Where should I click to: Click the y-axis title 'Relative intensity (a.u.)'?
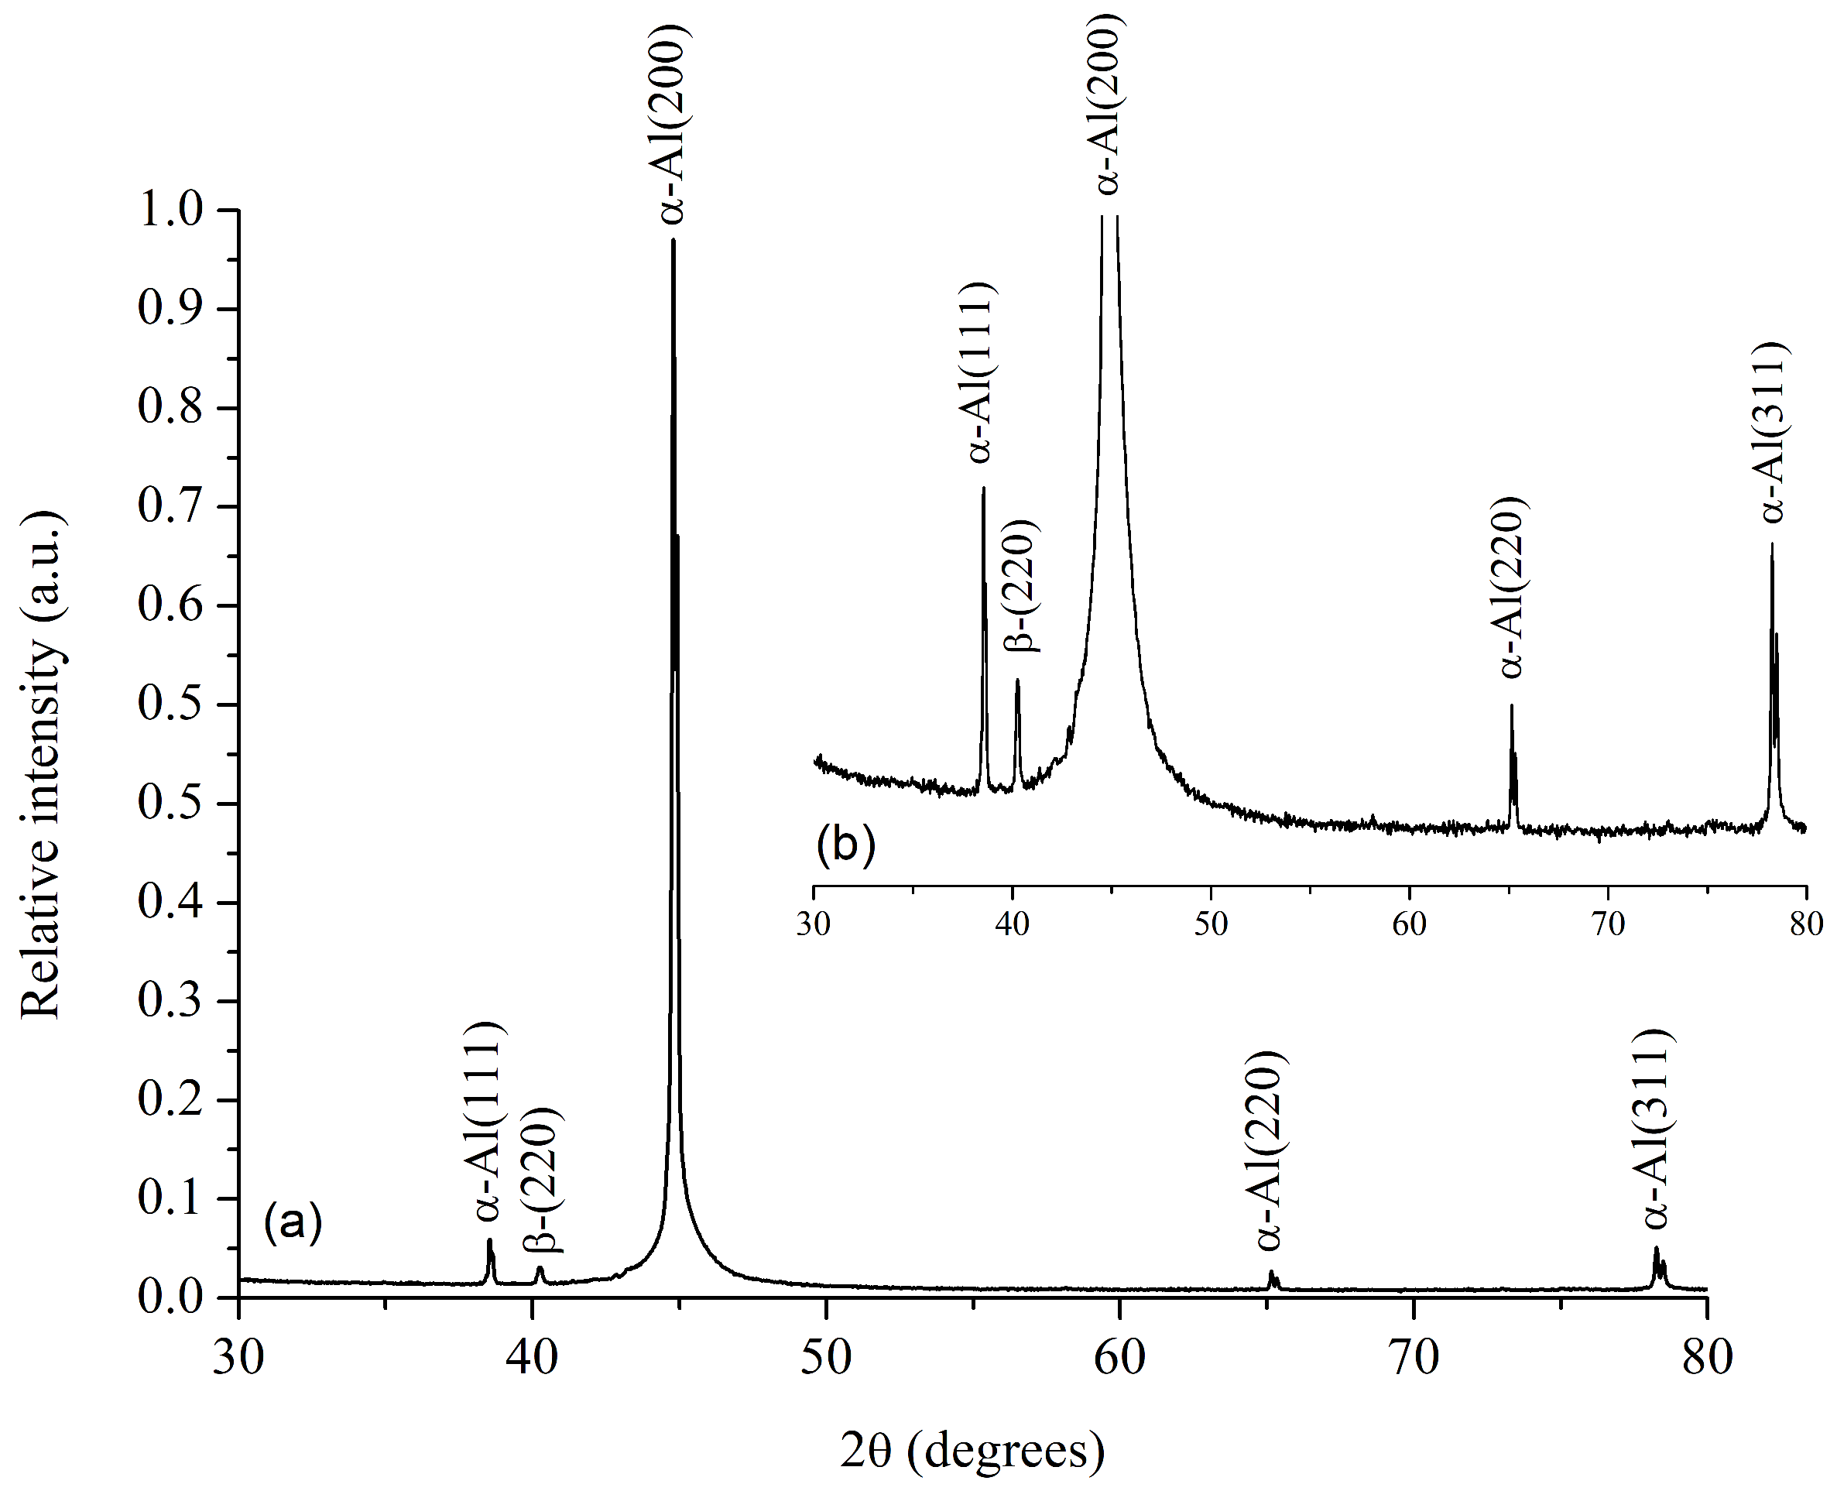tap(41, 764)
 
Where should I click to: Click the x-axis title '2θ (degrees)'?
tap(972, 1450)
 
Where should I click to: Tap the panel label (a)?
tap(293, 1222)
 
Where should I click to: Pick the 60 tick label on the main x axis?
tap(1120, 1358)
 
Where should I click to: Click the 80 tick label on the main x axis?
tap(1706, 1358)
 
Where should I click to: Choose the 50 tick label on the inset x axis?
tap(1211, 924)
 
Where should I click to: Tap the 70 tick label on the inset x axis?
tap(1608, 924)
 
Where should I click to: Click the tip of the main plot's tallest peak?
tap(673, 241)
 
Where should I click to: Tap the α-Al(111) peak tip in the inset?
tap(983, 488)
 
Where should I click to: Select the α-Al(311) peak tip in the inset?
tap(1772, 544)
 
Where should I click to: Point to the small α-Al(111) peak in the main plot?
tap(489, 1241)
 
